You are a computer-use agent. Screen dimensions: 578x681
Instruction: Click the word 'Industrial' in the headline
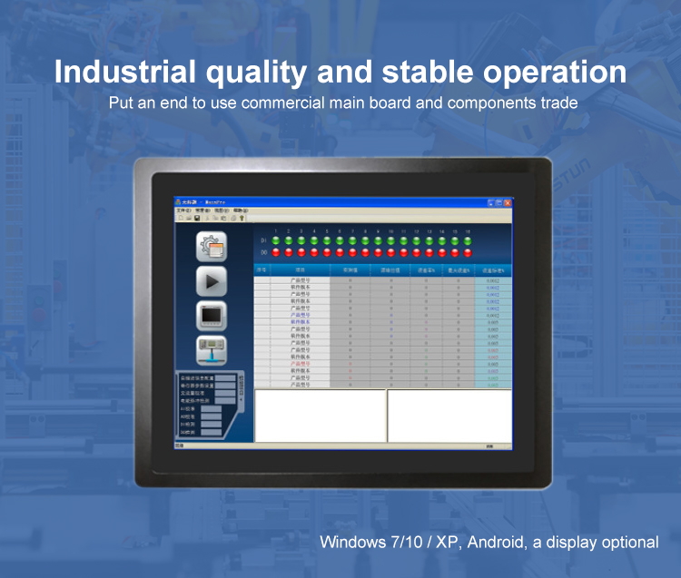[124, 73]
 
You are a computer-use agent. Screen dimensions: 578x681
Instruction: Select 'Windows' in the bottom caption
[354, 543]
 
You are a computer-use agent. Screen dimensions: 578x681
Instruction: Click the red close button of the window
[507, 202]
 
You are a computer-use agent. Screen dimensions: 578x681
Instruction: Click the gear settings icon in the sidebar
[212, 247]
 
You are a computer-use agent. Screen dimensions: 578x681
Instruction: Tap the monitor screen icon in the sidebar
[212, 315]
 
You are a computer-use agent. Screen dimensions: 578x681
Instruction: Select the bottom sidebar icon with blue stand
[212, 349]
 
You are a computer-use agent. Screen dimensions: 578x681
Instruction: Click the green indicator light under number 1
[276, 241]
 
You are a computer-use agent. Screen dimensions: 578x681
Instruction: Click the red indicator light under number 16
[468, 252]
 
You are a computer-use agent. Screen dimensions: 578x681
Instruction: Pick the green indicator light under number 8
[365, 241]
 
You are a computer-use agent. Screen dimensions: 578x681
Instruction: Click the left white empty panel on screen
[320, 416]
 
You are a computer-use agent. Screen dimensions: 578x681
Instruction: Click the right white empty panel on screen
[449, 416]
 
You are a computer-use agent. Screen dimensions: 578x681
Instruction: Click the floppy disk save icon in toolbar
[197, 218]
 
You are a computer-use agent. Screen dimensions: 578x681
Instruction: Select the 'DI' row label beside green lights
[264, 241]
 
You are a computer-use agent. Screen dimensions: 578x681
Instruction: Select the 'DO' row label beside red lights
[264, 252]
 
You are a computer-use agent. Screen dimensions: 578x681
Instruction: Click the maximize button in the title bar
[498, 202]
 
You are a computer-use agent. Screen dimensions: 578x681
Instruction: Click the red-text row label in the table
[301, 364]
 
